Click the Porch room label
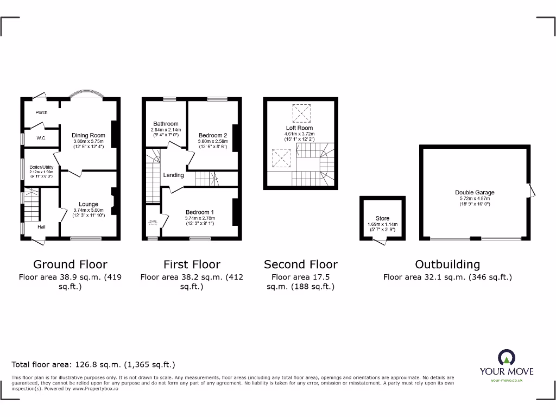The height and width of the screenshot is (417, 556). (41, 112)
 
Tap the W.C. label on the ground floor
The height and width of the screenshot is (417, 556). (41, 138)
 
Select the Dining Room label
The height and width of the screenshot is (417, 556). (89, 135)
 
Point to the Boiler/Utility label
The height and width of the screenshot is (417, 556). (41, 167)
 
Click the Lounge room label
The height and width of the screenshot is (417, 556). (89, 204)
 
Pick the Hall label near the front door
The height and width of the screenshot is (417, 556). (41, 227)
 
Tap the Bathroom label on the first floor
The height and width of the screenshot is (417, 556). (166, 124)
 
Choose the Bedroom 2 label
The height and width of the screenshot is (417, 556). (213, 135)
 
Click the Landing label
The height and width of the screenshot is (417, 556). (174, 175)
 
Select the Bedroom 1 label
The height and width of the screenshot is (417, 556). (200, 212)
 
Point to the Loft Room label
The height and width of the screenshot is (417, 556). (300, 128)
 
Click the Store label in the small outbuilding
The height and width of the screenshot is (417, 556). (383, 218)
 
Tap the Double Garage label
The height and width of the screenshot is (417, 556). (475, 192)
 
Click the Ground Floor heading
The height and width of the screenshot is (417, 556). (70, 264)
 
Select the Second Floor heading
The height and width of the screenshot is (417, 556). (301, 264)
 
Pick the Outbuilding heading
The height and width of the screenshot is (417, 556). (447, 264)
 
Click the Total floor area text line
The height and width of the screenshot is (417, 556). (93, 365)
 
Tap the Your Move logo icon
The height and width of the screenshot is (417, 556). (506, 358)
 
